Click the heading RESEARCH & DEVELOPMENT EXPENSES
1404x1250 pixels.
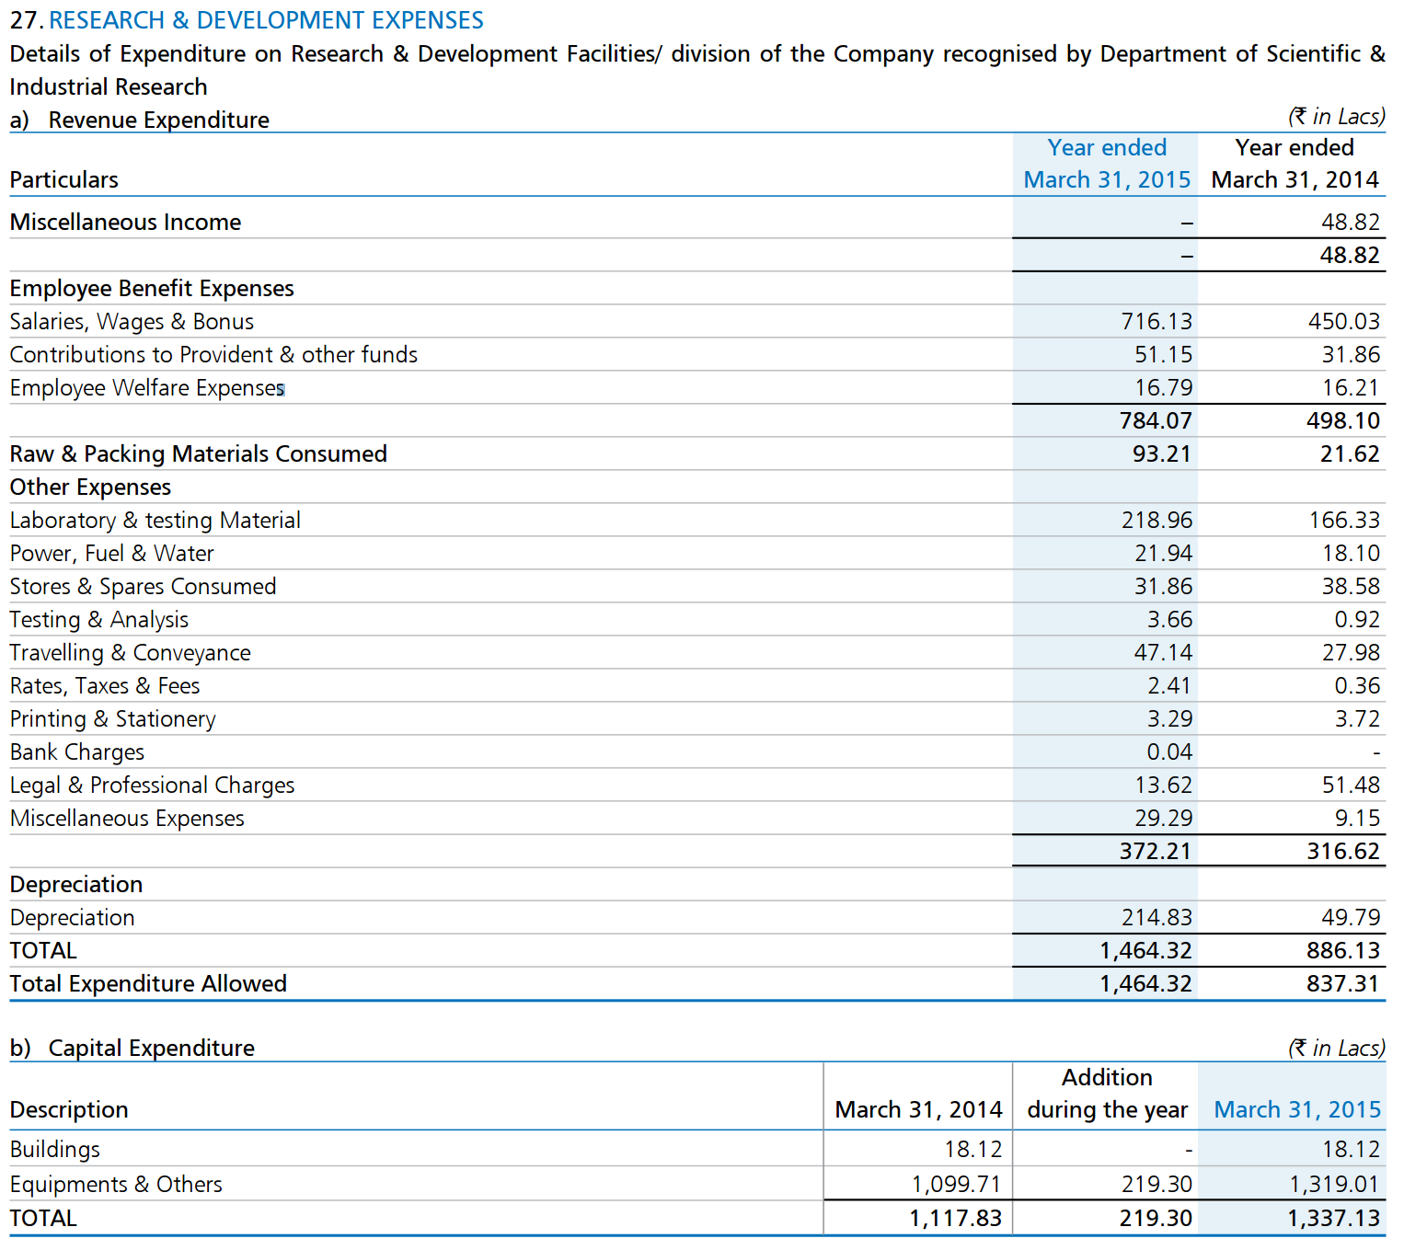tap(265, 20)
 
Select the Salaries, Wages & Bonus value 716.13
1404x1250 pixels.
tap(1156, 322)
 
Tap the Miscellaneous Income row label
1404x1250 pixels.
tap(125, 222)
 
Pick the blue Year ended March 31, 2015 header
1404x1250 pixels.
tap(1106, 164)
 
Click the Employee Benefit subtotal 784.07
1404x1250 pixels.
tap(1156, 420)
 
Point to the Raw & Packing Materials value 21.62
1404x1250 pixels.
tap(1349, 453)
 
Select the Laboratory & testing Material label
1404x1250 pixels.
tap(155, 521)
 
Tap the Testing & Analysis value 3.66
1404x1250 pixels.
tap(1169, 619)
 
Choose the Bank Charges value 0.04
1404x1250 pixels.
tap(1169, 751)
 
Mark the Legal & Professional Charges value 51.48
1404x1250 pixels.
tap(1350, 786)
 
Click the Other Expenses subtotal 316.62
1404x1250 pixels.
tap(1343, 851)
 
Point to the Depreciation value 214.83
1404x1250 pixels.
tap(1156, 917)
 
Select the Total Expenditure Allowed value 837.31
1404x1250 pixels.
tap(1343, 983)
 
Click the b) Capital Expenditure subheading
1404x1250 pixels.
tap(132, 1048)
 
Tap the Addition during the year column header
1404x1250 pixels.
tap(1107, 1093)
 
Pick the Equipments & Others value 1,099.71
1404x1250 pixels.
tap(956, 1184)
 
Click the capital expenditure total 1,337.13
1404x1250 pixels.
tap(1332, 1218)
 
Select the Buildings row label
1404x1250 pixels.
tap(55, 1150)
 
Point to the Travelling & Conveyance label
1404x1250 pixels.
tap(131, 653)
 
